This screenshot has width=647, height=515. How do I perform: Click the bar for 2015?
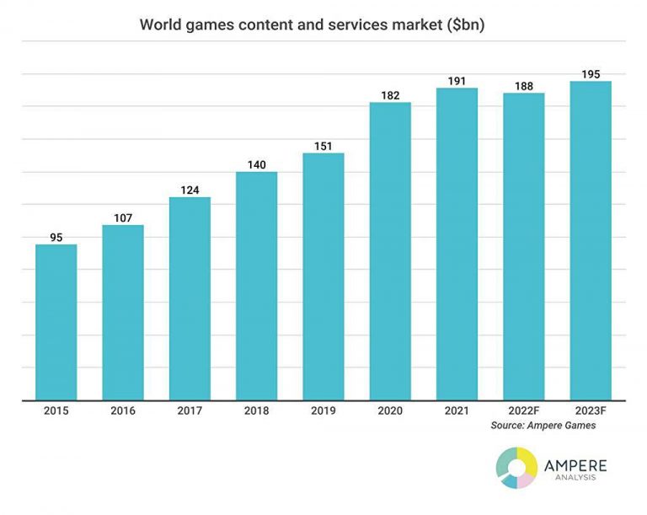56,322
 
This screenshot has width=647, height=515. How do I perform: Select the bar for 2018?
256,286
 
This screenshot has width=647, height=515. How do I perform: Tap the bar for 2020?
390,251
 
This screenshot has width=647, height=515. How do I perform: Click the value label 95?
56,238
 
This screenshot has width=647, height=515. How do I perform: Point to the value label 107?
123,218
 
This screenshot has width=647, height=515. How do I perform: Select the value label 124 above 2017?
190,190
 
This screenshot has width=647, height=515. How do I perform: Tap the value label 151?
323,146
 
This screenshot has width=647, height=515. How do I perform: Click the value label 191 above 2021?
457,81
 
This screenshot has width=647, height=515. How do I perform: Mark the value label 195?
591,74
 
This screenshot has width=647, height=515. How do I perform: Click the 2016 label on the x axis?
123,410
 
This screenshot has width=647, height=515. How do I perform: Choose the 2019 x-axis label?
323,410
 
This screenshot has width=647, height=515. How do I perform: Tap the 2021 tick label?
457,410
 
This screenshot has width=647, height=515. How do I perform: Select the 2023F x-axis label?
591,410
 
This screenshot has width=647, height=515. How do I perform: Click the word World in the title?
159,24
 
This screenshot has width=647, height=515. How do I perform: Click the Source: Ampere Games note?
543,426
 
